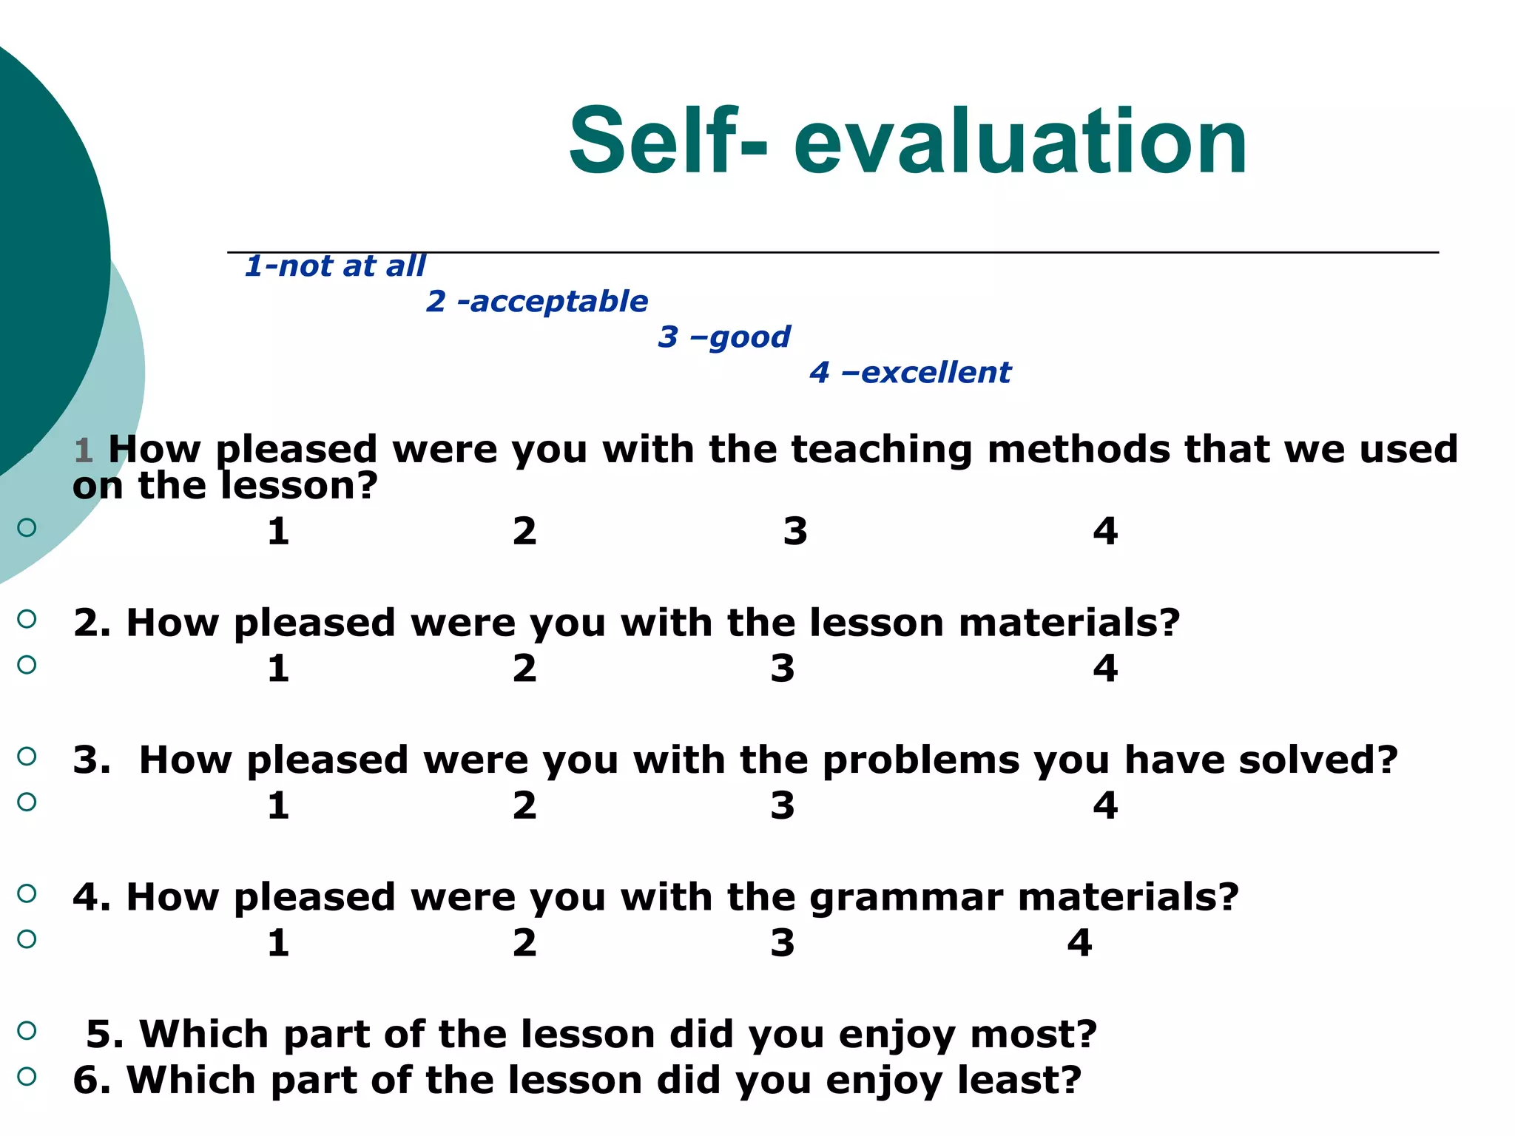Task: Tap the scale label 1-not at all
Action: tap(335, 266)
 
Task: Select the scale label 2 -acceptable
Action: tap(537, 301)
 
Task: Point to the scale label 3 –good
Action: tap(724, 337)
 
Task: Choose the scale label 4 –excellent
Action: tap(910, 372)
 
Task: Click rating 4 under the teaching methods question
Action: tap(1105, 531)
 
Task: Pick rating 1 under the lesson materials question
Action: tap(278, 669)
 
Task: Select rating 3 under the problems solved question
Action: tap(782, 805)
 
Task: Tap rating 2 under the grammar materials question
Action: tap(524, 943)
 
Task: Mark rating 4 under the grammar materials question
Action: tap(1079, 943)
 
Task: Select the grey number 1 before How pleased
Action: tap(83, 450)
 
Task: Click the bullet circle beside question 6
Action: tap(27, 1076)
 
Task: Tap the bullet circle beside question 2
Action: tap(27, 619)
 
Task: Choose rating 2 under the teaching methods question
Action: tap(524, 531)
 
